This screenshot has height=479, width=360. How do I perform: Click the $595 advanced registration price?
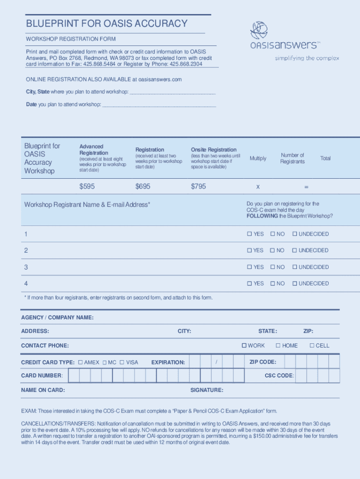coord(87,186)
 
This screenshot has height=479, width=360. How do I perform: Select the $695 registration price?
coord(143,186)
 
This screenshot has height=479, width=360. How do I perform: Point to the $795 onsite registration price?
coord(198,186)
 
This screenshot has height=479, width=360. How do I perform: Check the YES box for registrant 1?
coord(250,234)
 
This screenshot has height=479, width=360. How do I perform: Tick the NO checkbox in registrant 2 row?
coord(272,250)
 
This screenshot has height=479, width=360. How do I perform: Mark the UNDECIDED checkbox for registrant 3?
coord(295,267)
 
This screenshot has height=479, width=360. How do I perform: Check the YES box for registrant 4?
coord(250,283)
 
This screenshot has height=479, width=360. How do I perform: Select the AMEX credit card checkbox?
coord(80,362)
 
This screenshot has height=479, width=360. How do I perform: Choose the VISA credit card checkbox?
coord(122,362)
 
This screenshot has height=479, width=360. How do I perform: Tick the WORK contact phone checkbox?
coord(244,346)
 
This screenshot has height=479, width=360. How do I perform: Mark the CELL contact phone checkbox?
coord(312,346)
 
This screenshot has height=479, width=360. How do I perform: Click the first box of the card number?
coord(74,375)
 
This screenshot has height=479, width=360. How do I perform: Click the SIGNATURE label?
coord(207,390)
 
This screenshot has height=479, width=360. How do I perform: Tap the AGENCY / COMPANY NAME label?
coord(57,318)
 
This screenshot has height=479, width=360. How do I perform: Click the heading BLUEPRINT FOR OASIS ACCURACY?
coord(107,23)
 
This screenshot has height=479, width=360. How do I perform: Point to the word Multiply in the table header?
coord(258,158)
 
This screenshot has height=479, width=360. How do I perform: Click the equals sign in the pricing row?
coord(306,187)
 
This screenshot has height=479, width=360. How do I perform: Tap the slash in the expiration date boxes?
coord(216,362)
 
